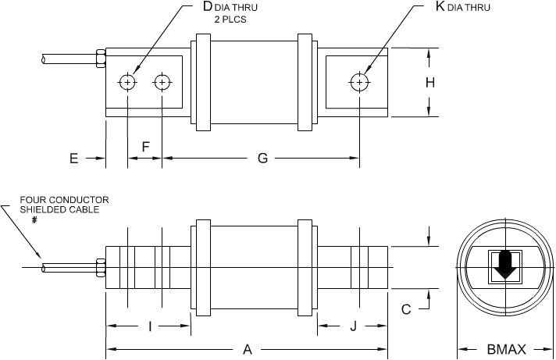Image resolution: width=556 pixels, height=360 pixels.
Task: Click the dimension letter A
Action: tap(248, 350)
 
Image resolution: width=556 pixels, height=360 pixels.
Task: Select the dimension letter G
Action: tap(262, 159)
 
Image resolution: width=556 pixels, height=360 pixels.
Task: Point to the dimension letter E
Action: tap(73, 159)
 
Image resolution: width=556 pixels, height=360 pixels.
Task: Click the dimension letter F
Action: tap(145, 147)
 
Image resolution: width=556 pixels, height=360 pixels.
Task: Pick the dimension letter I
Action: tap(149, 326)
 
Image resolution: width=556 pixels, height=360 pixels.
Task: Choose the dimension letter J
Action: tap(353, 326)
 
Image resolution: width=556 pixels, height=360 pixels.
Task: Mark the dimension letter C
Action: tap(406, 309)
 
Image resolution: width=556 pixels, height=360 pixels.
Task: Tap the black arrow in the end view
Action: tap(504, 266)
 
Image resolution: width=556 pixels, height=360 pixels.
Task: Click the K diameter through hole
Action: tap(358, 82)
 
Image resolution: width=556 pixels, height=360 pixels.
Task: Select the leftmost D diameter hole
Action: tap(127, 82)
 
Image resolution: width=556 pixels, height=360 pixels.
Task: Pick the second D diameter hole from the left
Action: tap(162, 82)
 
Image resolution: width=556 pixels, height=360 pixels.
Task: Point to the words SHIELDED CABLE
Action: tap(54, 209)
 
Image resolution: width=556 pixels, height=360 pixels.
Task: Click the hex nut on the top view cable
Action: tap(99, 58)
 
